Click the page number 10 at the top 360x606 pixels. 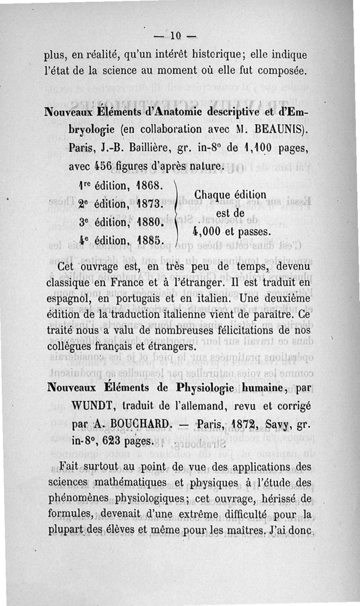click(x=175, y=36)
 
